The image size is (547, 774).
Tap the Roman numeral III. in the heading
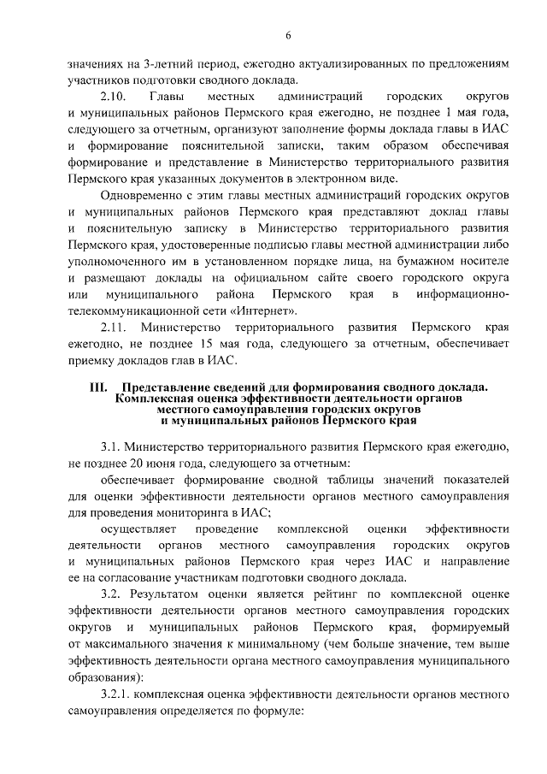(101, 387)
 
